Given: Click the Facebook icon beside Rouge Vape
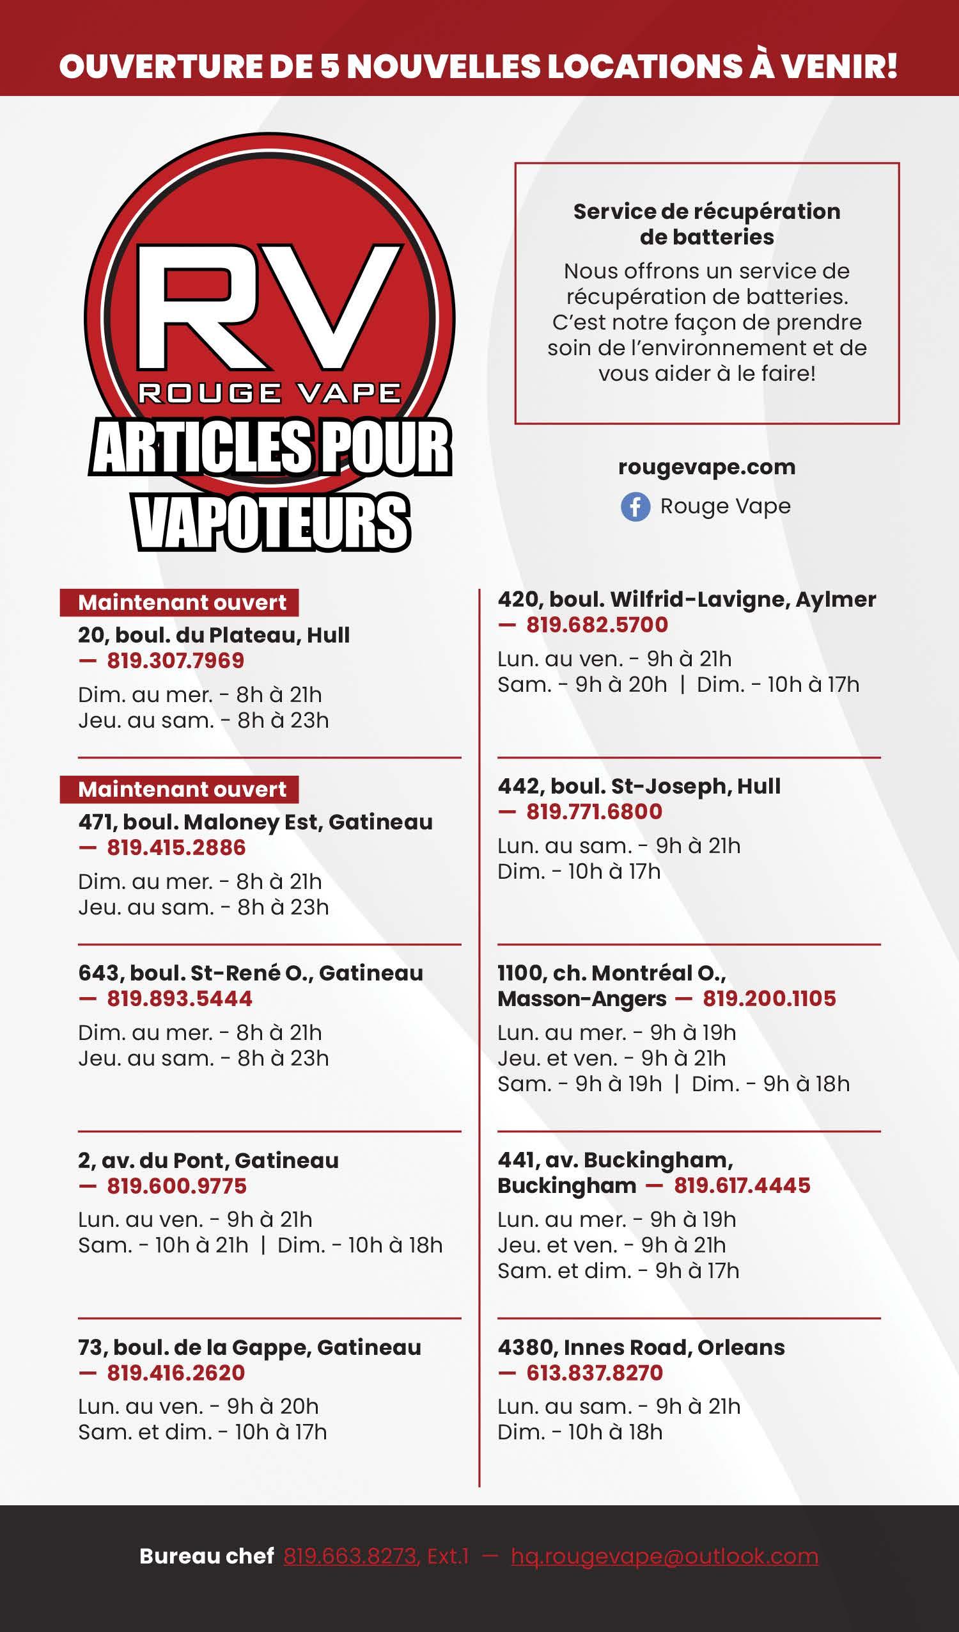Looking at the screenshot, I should point(635,507).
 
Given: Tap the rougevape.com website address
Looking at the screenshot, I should point(706,468).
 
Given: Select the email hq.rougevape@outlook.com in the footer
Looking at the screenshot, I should point(664,1556).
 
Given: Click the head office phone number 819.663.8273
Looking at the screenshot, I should point(350,1556).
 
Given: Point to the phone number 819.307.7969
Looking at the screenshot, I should point(175,660).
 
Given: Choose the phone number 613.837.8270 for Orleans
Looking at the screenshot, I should point(595,1373).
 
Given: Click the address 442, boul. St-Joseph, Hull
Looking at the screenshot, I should point(639,786).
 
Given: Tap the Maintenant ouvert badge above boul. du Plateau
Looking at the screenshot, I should point(181,603).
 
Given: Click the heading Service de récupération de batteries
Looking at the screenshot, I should point(706,224).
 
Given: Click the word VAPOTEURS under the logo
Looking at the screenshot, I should point(272,523).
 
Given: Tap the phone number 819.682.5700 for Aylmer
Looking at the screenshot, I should point(596,625).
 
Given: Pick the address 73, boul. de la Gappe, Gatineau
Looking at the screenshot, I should point(249,1348).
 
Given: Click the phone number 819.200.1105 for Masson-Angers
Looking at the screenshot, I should point(769,998).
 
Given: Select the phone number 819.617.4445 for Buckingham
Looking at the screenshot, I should point(742,1186).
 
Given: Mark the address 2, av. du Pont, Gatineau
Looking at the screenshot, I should point(208,1160).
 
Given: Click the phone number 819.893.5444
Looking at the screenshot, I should point(179,998).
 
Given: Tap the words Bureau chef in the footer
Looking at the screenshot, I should point(207,1556).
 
